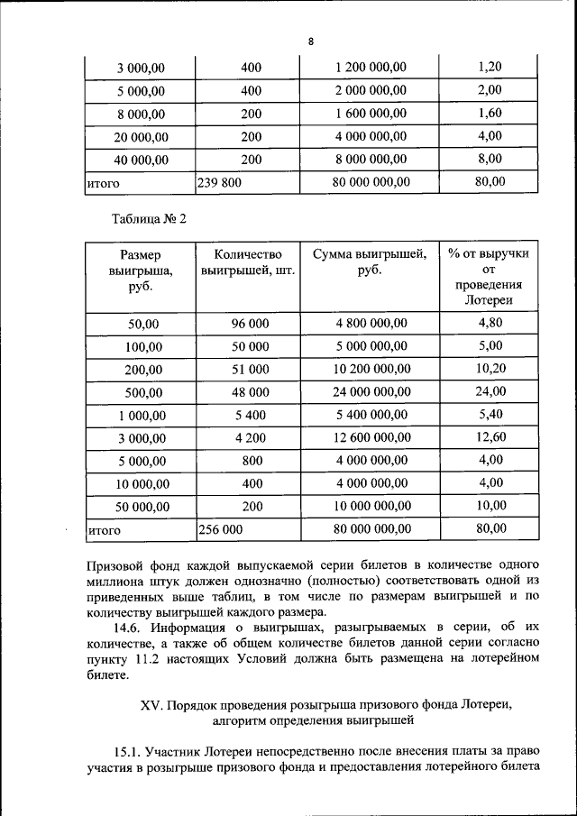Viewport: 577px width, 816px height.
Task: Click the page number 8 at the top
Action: click(x=310, y=42)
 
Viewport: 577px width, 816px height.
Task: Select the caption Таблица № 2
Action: click(x=148, y=219)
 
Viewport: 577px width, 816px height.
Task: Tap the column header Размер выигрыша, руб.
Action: click(x=141, y=270)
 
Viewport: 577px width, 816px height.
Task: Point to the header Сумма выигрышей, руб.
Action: click(x=370, y=261)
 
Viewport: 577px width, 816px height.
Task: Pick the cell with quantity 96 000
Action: click(x=251, y=323)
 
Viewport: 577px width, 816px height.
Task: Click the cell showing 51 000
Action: click(x=251, y=369)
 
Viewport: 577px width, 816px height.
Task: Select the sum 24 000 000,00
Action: click(x=371, y=391)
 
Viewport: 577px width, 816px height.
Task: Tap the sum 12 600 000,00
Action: click(x=371, y=438)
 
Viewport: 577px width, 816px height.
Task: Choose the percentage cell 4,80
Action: click(x=490, y=323)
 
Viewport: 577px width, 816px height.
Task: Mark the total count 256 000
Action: click(x=221, y=529)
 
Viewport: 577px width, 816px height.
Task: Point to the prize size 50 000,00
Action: click(x=141, y=506)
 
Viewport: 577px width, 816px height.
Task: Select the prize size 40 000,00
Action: click(x=141, y=160)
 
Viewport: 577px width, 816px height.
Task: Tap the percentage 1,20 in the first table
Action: click(x=490, y=67)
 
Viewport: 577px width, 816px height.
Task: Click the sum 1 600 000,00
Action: click(x=371, y=114)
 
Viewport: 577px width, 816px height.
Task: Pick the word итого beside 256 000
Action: click(x=104, y=530)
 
